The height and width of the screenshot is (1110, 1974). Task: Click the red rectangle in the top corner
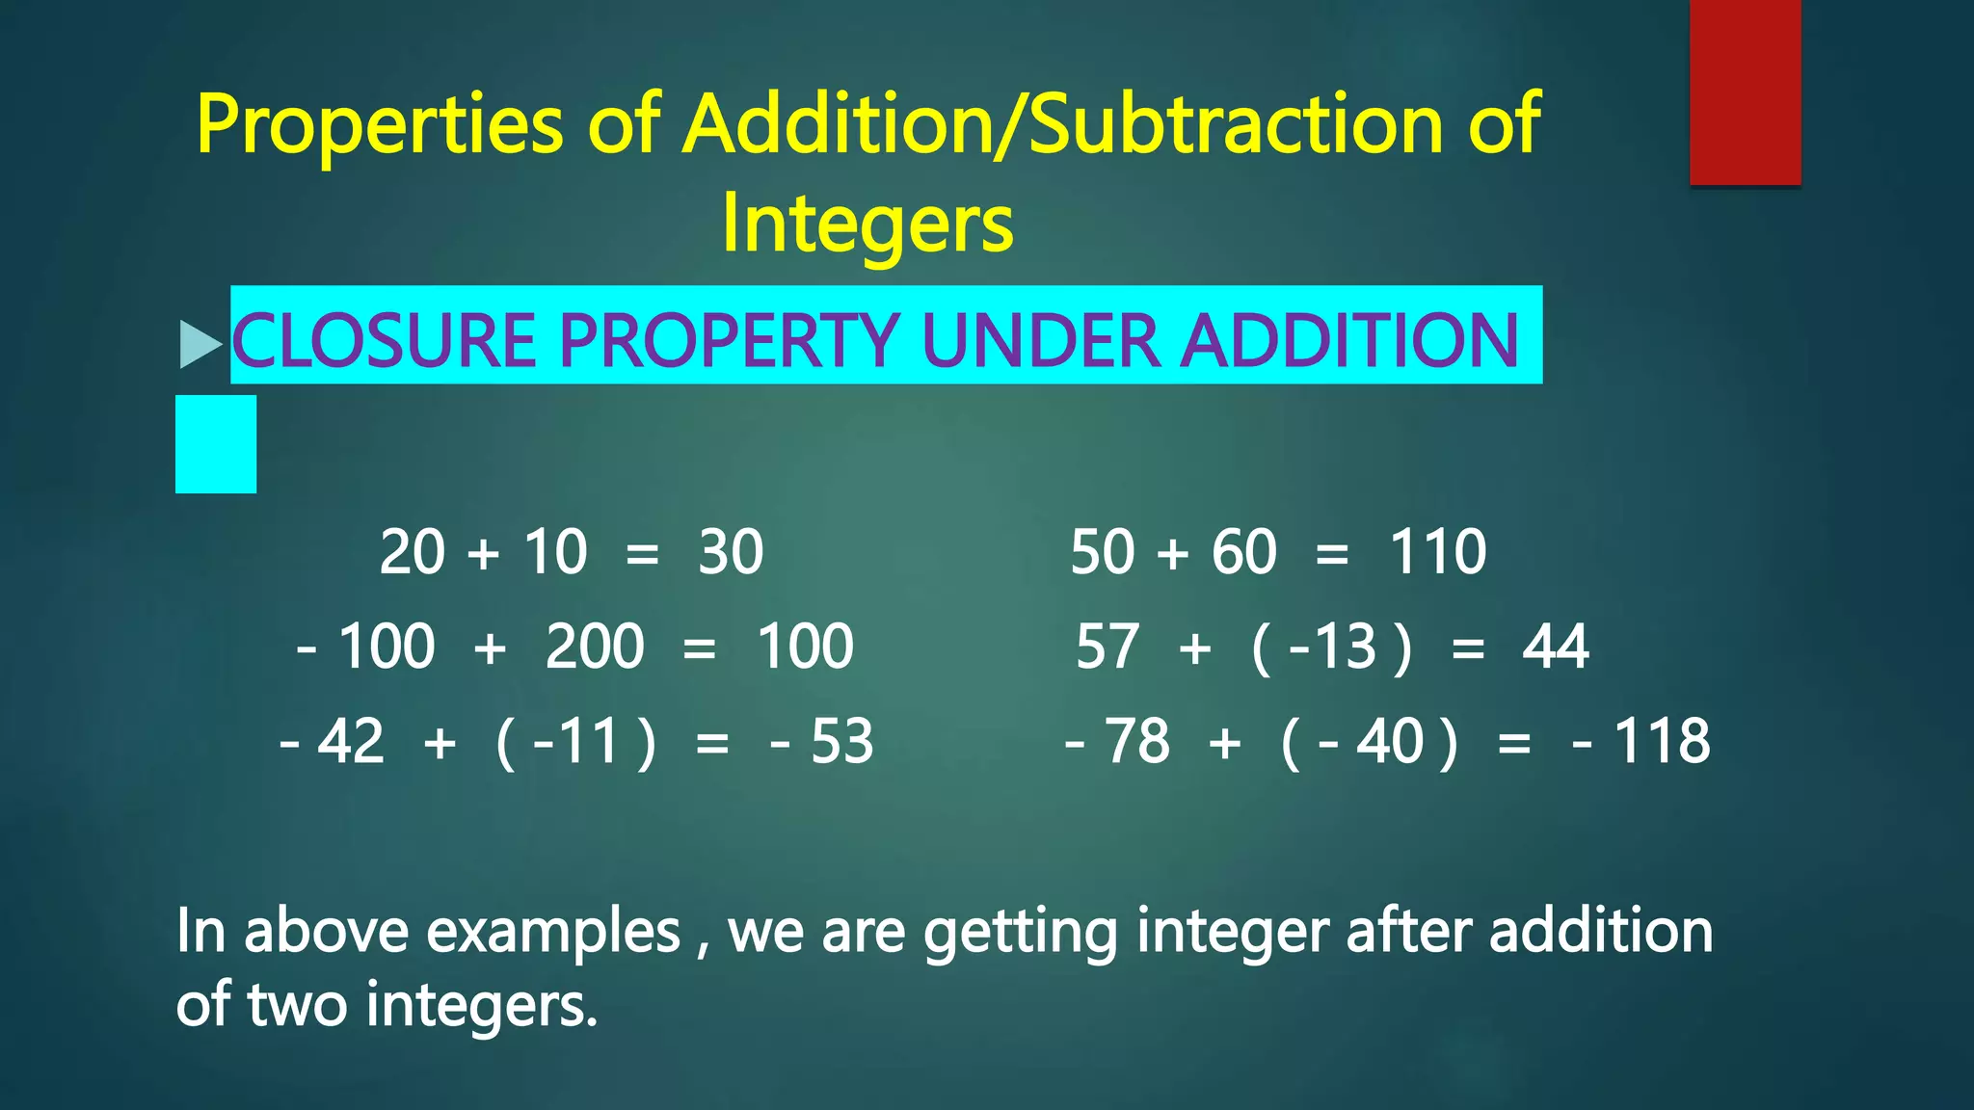[1745, 92]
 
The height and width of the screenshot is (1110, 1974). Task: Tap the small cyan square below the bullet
[216, 444]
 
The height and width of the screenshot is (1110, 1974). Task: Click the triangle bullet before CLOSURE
[200, 344]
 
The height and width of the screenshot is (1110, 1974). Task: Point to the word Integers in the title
[867, 224]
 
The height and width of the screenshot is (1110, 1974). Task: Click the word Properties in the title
[380, 125]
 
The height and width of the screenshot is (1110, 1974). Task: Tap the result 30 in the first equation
[731, 552]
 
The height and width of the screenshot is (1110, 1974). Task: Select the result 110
[1437, 552]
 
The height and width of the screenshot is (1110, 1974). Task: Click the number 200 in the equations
[595, 647]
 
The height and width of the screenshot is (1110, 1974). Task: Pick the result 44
[1555, 647]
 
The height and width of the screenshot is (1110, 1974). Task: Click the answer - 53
[822, 742]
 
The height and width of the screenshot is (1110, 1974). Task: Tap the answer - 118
[1641, 742]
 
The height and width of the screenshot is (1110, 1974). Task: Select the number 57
[1107, 647]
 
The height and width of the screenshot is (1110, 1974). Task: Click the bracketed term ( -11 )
[575, 742]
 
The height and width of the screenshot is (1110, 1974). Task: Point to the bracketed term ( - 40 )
[1370, 742]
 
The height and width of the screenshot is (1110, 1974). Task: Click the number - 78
[1118, 742]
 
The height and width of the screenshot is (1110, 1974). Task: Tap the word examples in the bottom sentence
[553, 932]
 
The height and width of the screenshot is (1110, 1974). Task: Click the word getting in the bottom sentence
[1020, 932]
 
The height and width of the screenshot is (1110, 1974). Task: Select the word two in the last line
[297, 1004]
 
